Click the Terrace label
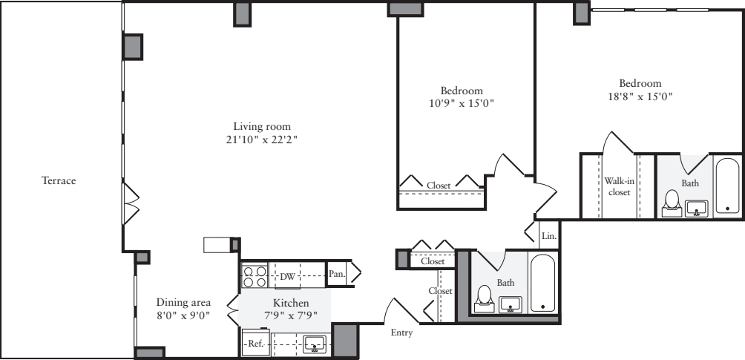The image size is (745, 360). [59, 180]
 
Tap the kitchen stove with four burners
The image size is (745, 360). [255, 277]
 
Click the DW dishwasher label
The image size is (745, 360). [287, 277]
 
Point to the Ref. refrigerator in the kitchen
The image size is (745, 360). [256, 343]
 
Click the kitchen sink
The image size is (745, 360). [315, 343]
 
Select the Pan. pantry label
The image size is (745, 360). [337, 274]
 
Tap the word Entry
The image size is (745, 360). [401, 333]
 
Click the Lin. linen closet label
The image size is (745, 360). [548, 235]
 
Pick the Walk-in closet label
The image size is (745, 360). [619, 186]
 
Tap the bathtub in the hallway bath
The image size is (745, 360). [543, 284]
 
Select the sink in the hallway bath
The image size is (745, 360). [510, 304]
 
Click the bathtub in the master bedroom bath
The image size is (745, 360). [727, 186]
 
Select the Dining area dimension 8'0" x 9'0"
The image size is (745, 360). [183, 315]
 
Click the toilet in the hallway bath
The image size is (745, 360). [485, 298]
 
